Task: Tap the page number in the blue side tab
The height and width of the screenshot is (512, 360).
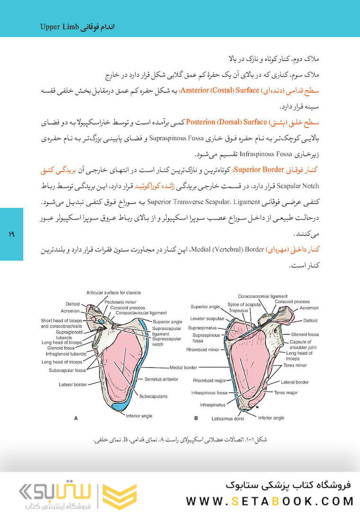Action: coord(11,234)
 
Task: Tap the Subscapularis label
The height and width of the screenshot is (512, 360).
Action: coord(153,395)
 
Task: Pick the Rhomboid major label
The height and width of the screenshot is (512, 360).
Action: coord(208,380)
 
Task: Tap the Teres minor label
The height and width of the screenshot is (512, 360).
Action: coord(296,366)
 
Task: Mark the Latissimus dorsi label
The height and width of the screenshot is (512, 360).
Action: coord(227,420)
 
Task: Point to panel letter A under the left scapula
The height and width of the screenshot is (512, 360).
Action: coord(76,419)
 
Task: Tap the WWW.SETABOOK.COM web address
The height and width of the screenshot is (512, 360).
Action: coord(270,501)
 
